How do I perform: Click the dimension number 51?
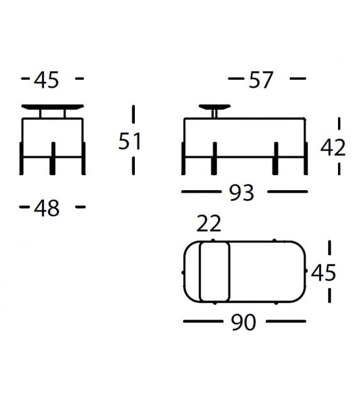click(x=130, y=141)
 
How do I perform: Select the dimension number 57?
click(x=261, y=80)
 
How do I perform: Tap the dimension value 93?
click(x=241, y=193)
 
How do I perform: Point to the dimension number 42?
click(x=333, y=148)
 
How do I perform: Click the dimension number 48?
click(x=46, y=208)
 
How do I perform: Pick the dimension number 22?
click(x=208, y=223)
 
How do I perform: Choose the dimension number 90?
click(x=244, y=322)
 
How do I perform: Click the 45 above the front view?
click(x=46, y=80)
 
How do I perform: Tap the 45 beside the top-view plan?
click(x=323, y=272)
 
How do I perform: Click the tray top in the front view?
click(x=53, y=107)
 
